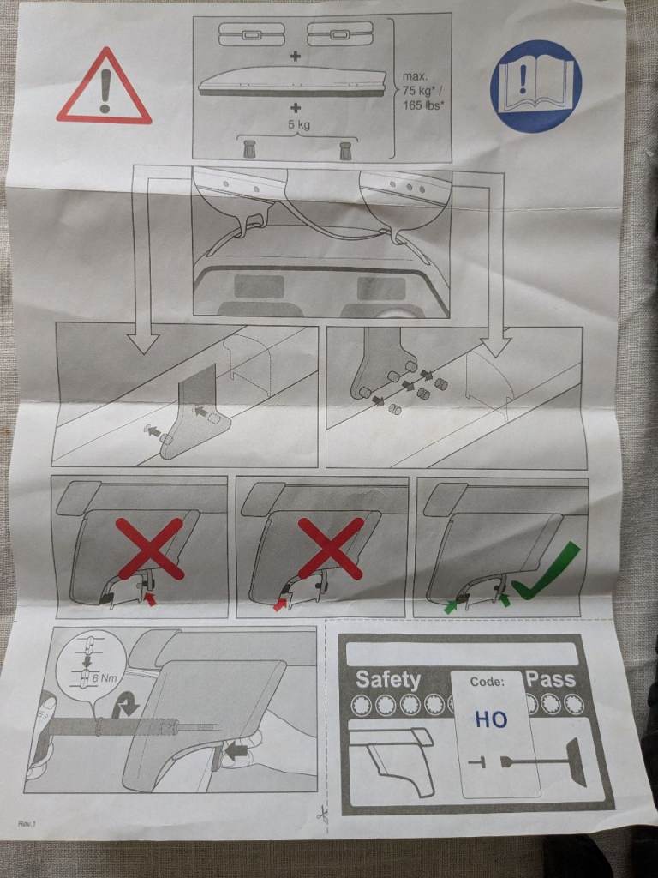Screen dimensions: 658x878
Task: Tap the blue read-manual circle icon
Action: click(535, 86)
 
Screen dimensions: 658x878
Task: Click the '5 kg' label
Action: click(299, 125)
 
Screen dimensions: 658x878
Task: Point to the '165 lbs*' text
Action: click(423, 105)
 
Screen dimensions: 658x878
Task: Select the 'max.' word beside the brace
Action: click(415, 76)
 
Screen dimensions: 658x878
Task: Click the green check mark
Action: click(546, 570)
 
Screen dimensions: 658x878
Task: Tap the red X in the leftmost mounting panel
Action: click(149, 548)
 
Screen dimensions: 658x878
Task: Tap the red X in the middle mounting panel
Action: click(331, 548)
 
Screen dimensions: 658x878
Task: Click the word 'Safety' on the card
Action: click(388, 679)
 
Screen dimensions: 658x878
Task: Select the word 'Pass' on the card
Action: click(551, 678)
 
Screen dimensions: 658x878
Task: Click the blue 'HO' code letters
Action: click(491, 719)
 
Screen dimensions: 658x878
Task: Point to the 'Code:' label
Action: click(487, 682)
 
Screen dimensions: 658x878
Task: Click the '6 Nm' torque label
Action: click(107, 679)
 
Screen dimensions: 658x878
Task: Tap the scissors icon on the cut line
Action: click(322, 813)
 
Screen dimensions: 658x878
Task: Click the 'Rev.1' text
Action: click(27, 823)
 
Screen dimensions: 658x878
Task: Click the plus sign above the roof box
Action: click(295, 56)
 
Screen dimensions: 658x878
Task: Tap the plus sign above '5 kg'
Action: click(295, 107)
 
